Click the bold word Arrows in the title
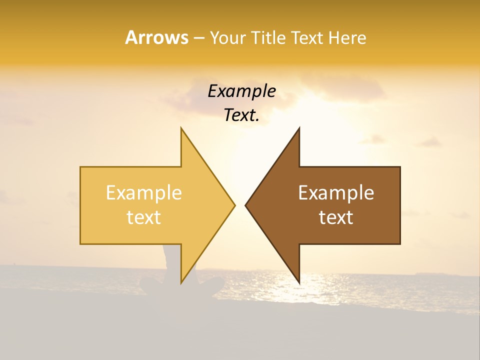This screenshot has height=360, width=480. (156, 37)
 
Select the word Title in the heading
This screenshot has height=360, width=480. (268, 38)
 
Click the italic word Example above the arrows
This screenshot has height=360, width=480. (242, 91)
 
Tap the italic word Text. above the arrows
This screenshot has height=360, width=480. (242, 115)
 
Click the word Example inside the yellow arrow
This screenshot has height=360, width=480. (143, 193)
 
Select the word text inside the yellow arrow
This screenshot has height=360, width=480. (143, 217)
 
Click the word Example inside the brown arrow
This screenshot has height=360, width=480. (336, 193)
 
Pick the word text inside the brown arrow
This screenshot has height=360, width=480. (336, 217)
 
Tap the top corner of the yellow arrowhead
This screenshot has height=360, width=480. (181, 128)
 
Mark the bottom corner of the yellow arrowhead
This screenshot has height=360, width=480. (181, 282)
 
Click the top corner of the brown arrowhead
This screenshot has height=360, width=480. (299, 128)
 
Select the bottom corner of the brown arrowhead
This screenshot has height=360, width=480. (299, 282)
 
